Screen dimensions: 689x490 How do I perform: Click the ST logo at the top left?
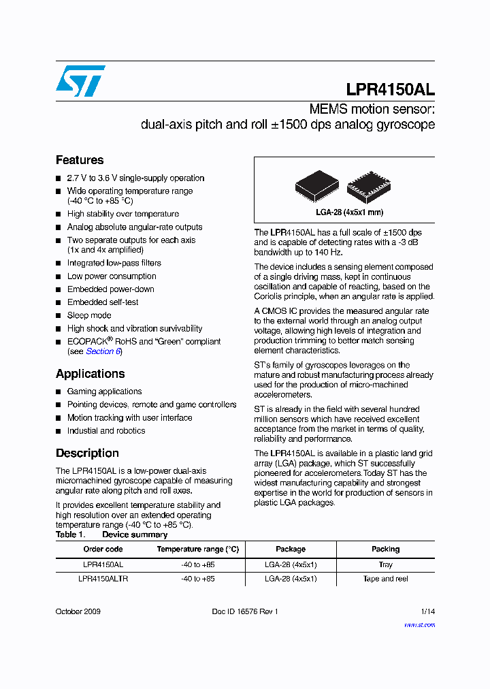(80, 81)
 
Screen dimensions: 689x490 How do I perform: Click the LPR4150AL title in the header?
(390, 89)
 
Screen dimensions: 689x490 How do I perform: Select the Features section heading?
(80, 160)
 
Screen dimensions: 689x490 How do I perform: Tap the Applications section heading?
(90, 374)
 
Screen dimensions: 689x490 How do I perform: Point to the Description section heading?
(87, 453)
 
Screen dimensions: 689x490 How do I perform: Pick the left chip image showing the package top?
(316, 186)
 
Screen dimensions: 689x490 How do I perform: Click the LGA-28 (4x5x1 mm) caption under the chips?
(344, 212)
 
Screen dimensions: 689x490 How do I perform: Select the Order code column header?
(103, 549)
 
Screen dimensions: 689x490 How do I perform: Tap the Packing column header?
(385, 549)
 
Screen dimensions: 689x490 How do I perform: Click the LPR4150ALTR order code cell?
(103, 579)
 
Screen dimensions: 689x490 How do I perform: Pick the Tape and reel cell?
(385, 579)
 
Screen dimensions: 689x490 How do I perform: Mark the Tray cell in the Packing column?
(385, 564)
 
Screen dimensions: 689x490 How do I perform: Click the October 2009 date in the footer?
(78, 611)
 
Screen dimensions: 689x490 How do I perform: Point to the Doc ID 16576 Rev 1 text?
(245, 611)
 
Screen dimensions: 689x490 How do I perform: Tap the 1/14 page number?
(427, 611)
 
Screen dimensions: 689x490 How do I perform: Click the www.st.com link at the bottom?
(419, 624)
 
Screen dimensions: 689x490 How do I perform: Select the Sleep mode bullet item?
(88, 315)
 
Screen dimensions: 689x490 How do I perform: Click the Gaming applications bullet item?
(104, 391)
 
